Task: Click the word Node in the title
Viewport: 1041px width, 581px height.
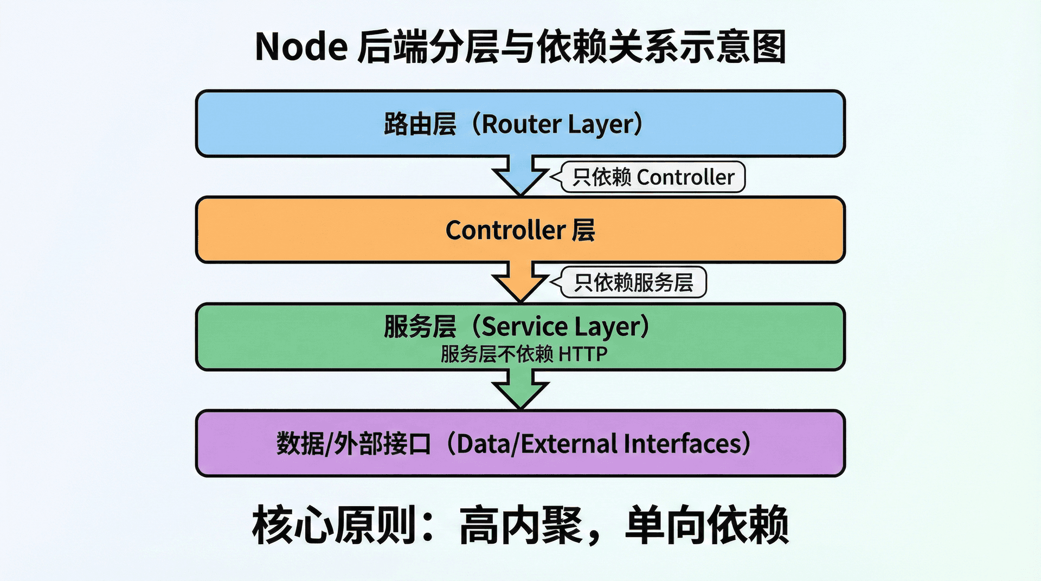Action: pos(301,47)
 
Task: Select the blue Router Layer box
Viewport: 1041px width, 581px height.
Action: pos(271,124)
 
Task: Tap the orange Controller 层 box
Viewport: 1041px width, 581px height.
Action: pos(325,230)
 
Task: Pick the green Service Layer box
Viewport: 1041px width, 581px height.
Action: pos(271,337)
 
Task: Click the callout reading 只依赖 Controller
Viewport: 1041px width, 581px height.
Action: pos(653,177)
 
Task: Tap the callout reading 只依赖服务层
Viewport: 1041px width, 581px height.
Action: pos(633,282)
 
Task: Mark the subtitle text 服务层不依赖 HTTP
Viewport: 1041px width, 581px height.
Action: pos(524,354)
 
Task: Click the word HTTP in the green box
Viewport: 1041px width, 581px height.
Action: pos(583,354)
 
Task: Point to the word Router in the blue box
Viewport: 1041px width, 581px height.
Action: pos(521,124)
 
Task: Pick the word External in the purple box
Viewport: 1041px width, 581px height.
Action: pos(569,444)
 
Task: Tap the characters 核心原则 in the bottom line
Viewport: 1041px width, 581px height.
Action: pos(333,525)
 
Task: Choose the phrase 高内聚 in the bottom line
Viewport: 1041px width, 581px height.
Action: pos(520,525)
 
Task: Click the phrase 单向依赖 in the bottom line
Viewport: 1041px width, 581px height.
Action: pos(706,525)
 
